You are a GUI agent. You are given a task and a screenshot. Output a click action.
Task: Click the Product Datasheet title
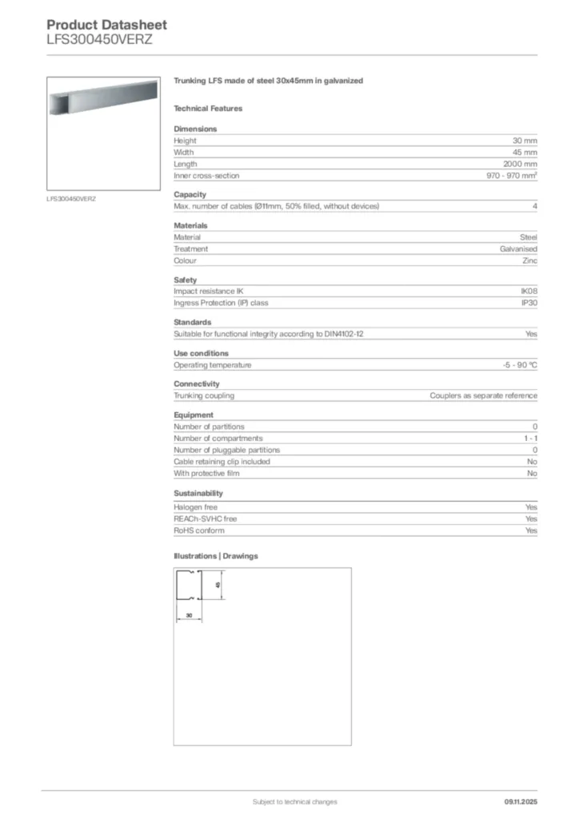point(106,25)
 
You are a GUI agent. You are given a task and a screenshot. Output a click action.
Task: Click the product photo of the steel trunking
point(106,133)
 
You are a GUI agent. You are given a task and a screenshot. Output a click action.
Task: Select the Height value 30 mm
point(525,141)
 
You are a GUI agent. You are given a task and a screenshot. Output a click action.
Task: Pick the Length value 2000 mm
point(520,164)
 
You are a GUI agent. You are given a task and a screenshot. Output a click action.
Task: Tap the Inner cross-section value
point(512,176)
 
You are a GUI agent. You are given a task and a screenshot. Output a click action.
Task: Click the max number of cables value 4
point(534,206)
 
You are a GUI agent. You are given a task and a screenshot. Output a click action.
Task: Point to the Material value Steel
point(529,237)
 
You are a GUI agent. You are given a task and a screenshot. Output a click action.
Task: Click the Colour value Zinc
point(529,260)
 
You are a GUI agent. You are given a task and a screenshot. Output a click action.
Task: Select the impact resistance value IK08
point(529,291)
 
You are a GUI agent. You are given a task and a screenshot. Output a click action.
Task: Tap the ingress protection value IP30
point(529,303)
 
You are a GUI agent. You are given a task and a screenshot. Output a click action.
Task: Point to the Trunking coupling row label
point(204,395)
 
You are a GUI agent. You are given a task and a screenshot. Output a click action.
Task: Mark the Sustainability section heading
point(198,494)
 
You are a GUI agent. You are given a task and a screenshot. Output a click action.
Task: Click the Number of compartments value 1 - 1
point(529,438)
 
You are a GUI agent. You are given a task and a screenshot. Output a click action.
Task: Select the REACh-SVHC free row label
point(205,518)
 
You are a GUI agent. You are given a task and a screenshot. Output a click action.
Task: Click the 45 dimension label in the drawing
point(218,586)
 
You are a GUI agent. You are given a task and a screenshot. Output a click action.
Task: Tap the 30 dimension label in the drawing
point(189,615)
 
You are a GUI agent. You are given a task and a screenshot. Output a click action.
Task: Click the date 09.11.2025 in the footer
point(521,801)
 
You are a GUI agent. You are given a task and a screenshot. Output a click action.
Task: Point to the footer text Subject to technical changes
point(294,801)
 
